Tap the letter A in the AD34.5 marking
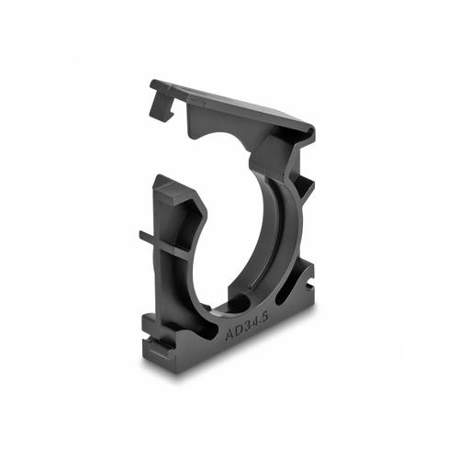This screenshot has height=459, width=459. [x=229, y=337]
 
